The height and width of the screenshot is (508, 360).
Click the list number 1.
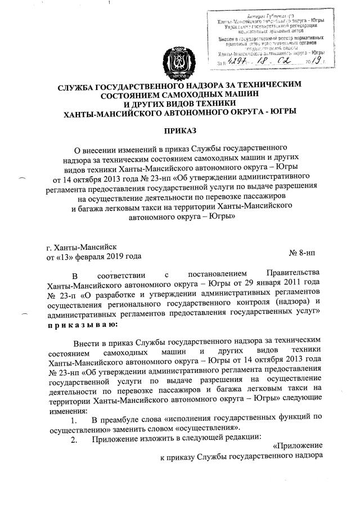click(71, 419)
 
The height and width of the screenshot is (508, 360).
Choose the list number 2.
click(72, 440)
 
